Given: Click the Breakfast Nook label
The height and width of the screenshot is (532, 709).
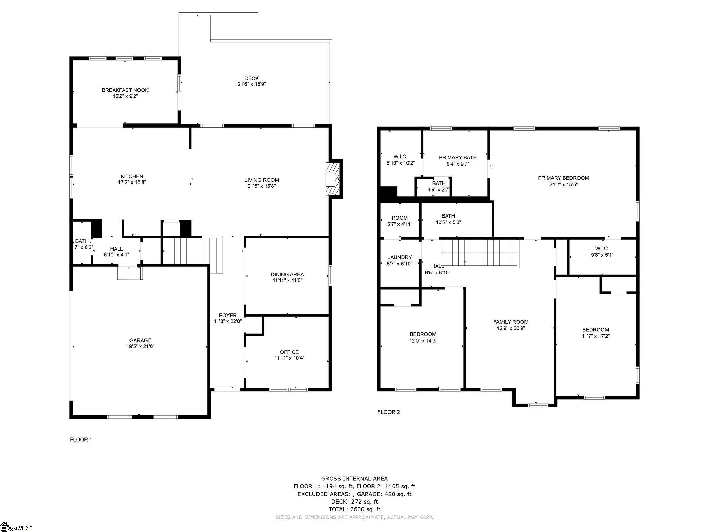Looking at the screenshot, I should click(x=125, y=90).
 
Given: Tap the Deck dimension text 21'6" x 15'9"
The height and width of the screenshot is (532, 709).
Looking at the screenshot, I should click(x=251, y=84).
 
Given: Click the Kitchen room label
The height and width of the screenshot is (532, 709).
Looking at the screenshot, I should click(x=132, y=176).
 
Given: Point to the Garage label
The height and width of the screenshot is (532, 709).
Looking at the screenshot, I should click(x=140, y=340).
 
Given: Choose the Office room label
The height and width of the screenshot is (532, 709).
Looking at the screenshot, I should click(x=289, y=352).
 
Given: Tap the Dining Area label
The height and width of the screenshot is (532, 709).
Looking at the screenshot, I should click(x=287, y=274).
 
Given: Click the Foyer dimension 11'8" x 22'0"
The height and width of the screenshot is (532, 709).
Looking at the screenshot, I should click(x=228, y=321).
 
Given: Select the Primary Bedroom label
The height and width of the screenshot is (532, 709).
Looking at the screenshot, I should click(x=563, y=178).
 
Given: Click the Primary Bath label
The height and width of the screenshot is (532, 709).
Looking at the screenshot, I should click(x=458, y=157).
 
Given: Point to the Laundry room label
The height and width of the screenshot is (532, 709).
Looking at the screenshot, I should click(x=400, y=257).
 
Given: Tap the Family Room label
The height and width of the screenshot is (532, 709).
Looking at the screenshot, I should click(x=511, y=322).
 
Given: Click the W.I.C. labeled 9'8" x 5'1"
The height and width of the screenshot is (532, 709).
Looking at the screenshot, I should click(x=602, y=251).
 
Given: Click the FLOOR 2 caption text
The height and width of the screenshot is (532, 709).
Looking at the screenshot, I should click(x=388, y=412).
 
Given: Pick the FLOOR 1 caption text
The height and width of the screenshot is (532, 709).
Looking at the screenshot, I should click(x=81, y=440).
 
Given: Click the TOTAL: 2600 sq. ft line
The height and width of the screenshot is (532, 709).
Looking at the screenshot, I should click(x=354, y=509).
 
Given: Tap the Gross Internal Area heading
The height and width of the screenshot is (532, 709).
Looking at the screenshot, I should click(x=354, y=479).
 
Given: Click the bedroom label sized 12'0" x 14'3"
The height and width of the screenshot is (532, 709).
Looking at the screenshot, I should click(x=423, y=334).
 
